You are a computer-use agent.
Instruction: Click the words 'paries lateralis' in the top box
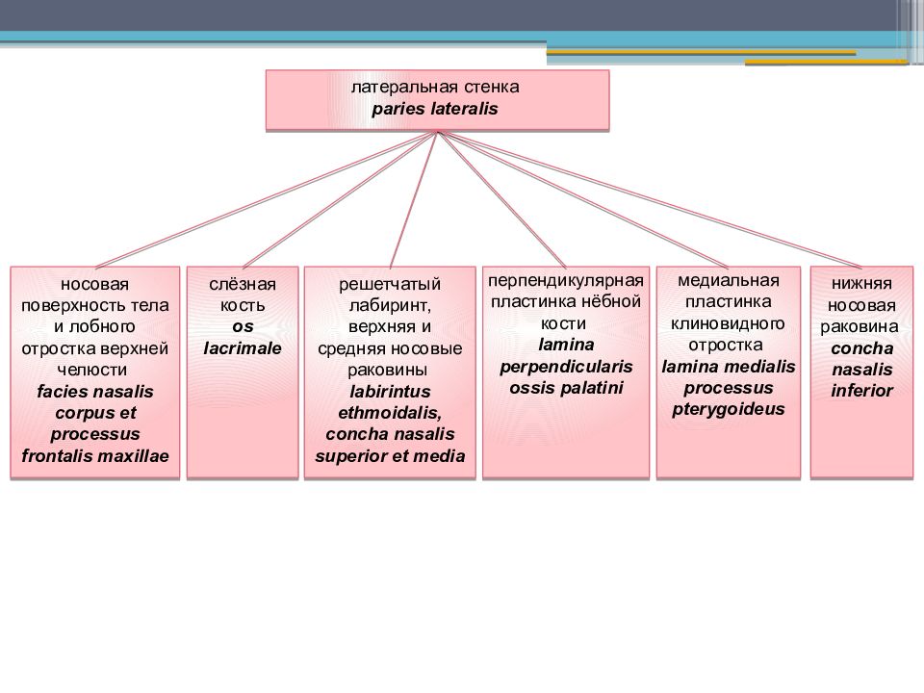tap(435, 109)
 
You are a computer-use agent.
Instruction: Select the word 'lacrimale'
tap(243, 348)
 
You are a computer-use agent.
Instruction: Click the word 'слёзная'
tap(243, 284)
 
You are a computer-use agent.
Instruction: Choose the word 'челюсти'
tap(92, 370)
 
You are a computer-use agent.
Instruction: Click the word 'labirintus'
tap(390, 392)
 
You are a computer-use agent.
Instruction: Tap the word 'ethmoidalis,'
tap(390, 413)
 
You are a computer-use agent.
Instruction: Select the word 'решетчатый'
tap(390, 284)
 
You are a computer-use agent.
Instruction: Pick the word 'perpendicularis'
tap(566, 367)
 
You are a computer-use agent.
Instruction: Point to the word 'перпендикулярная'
tap(566, 280)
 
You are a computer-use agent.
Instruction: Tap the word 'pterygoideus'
tap(729, 409)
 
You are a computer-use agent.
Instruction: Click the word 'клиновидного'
tap(728, 323)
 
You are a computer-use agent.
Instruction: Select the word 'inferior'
tap(862, 391)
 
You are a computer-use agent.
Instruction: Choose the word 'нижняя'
tap(861, 283)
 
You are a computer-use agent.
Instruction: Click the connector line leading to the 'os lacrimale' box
tap(340, 200)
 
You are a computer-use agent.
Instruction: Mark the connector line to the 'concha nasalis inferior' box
tap(650, 200)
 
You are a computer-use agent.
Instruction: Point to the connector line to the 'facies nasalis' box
tap(266, 200)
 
